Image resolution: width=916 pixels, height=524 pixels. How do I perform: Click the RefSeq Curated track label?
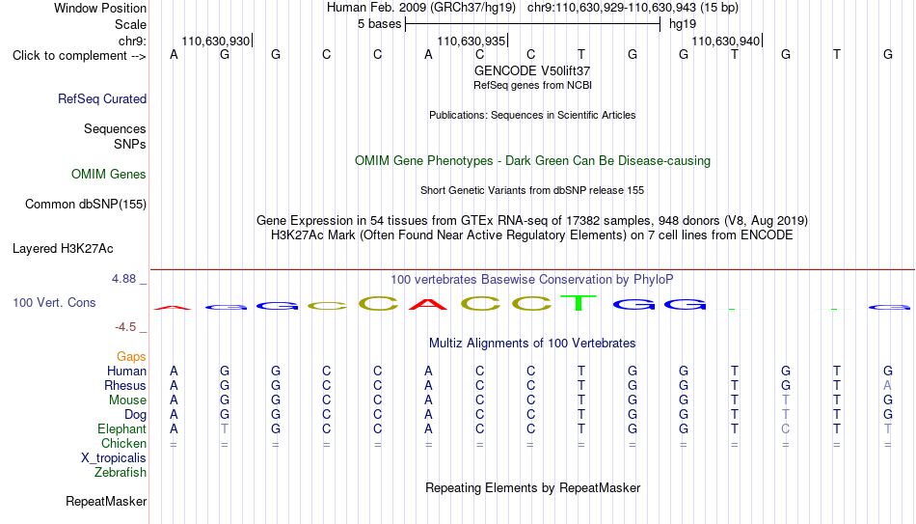pos(102,98)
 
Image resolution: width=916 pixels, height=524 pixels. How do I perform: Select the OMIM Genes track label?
pos(109,175)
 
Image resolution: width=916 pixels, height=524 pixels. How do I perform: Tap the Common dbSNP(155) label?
pos(86,205)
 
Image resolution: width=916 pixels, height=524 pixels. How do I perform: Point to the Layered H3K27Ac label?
pos(63,249)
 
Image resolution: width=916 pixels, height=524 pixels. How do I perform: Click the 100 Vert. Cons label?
pos(54,302)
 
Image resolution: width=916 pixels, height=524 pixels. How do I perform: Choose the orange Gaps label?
pos(131,357)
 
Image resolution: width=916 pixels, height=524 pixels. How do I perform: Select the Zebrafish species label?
pos(121,472)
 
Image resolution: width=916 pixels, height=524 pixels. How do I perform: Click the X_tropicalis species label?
pos(114,458)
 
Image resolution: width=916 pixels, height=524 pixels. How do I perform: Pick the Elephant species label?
pos(122,428)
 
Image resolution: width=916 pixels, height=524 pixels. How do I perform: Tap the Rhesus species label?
pos(125,385)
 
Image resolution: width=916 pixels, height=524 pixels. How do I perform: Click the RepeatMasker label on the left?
pos(106,501)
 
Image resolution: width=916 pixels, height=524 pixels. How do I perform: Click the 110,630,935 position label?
pos(471,41)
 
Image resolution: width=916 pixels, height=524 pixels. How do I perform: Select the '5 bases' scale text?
pos(380,24)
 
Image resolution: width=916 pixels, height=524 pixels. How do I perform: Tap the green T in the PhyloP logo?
pos(579,302)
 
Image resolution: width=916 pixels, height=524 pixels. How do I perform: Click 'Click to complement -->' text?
pos(79,56)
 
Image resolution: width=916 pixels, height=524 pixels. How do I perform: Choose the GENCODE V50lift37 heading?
pos(532,70)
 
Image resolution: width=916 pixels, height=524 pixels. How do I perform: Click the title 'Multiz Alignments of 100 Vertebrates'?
pos(532,344)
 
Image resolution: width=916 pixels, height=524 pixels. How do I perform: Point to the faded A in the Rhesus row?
pos(887,385)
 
